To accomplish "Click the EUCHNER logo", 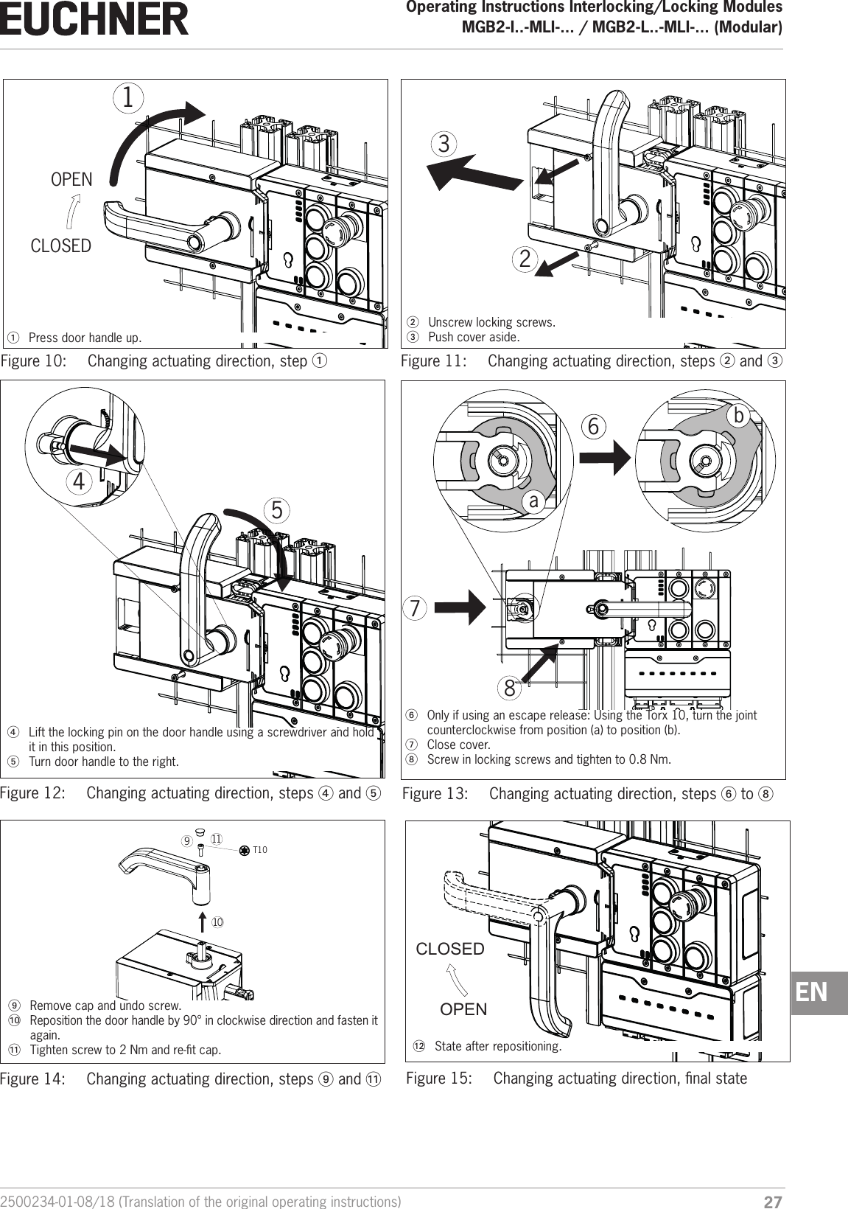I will [94, 20].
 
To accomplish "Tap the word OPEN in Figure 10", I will [71, 180].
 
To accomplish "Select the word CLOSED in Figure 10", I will [61, 245].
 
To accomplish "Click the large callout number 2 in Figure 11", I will [525, 259].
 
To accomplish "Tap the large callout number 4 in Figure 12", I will [76, 482].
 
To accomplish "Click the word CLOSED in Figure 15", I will [450, 950].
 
